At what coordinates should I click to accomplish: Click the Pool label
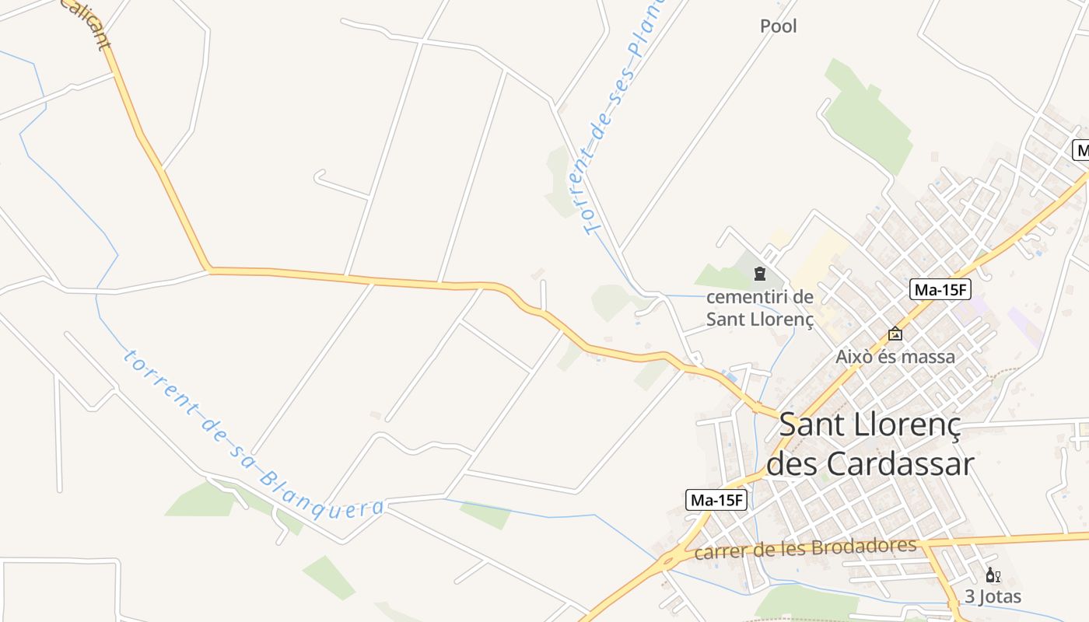coord(778,26)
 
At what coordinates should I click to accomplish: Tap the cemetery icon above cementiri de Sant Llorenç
coord(759,274)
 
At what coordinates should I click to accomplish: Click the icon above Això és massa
coord(895,334)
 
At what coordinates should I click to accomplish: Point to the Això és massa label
coord(895,357)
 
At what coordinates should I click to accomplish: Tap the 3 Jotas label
coord(993,597)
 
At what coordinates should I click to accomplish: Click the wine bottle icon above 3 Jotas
coord(993,575)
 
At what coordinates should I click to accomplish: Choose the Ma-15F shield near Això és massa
coord(940,290)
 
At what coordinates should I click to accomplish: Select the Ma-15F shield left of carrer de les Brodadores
coord(716,500)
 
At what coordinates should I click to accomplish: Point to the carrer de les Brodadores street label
coord(805,549)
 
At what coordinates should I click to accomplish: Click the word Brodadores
coord(863,547)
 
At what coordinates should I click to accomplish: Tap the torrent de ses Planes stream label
coord(618,117)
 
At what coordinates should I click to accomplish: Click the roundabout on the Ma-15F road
coord(667,559)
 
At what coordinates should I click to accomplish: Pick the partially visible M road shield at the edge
coord(1080,150)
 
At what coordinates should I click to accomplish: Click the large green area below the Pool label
coord(867,117)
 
